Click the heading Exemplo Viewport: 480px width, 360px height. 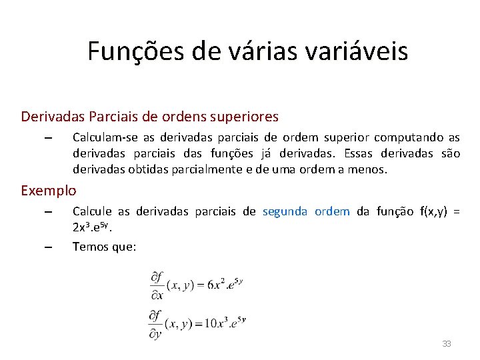48,191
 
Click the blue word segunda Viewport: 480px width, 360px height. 285,211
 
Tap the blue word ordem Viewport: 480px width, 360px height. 332,211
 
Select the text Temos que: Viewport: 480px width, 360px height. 104,247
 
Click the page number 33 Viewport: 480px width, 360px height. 447,343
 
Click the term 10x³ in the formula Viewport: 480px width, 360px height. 217,324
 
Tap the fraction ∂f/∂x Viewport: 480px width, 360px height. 157,285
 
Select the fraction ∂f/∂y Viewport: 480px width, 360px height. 157,324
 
